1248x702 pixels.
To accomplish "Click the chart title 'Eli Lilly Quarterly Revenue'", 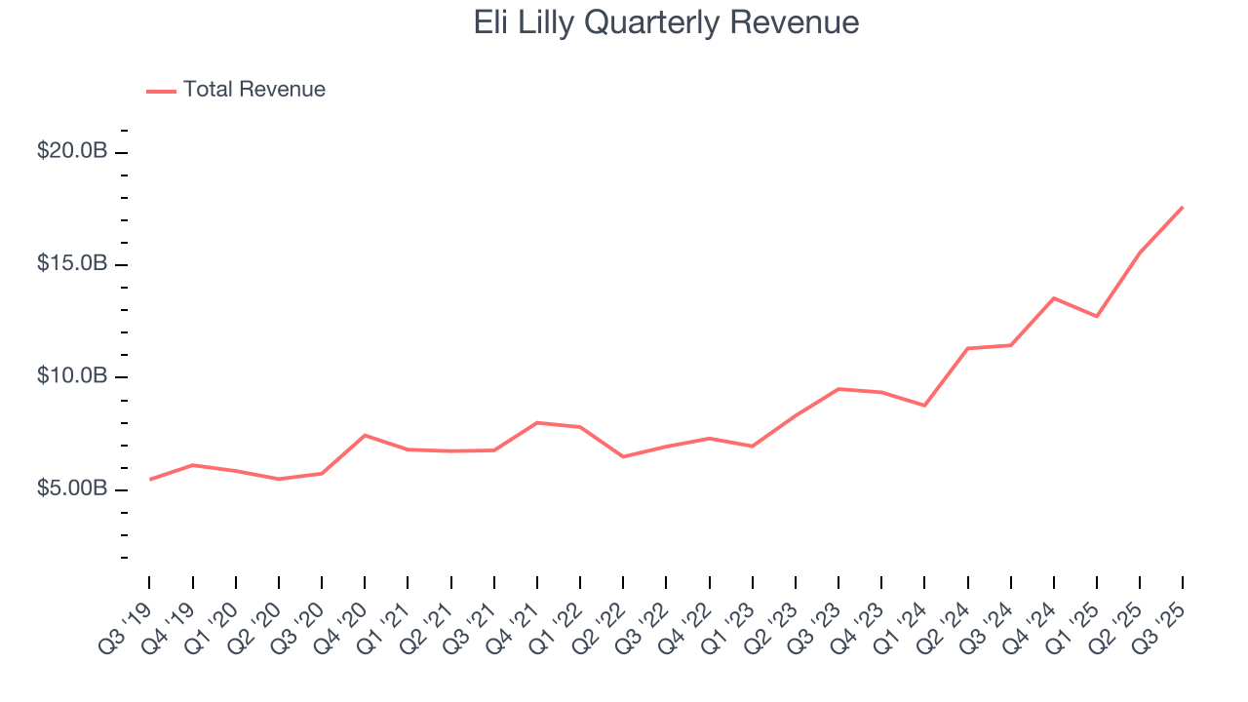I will [666, 22].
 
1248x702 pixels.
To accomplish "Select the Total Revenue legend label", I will [253, 90].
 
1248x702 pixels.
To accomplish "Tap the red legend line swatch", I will [161, 91].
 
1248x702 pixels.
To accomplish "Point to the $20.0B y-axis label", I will [71, 151].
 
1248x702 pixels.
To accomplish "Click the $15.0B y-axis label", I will [71, 263].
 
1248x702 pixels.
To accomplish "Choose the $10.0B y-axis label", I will [71, 375].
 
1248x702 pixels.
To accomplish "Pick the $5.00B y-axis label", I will [71, 487].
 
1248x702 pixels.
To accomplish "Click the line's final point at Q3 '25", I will [1183, 207].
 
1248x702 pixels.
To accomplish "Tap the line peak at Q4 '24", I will [1054, 297].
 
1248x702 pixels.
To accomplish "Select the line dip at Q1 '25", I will [1097, 316].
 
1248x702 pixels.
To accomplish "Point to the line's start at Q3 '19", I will [150, 479].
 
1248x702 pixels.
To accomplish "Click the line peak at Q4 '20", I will [365, 435].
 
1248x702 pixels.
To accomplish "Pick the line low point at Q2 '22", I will [623, 456].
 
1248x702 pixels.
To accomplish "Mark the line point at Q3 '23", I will [838, 389].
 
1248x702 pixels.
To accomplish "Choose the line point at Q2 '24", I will [967, 348].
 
